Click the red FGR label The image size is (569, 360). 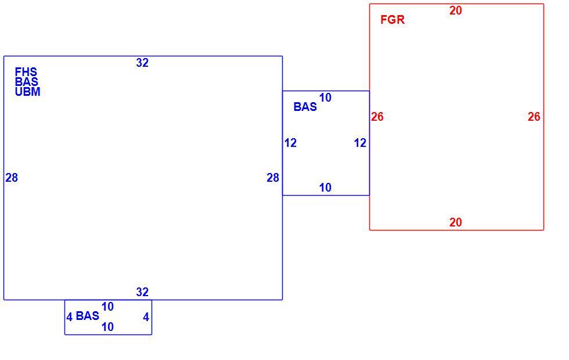[392, 20]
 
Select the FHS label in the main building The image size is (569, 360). [26, 71]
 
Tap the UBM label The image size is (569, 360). [28, 92]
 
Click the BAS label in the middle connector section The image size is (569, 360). [305, 107]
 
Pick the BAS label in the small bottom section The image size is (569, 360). [88, 316]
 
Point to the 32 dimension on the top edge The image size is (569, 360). [142, 63]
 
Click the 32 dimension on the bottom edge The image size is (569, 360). [142, 292]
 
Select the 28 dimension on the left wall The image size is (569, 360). [12, 178]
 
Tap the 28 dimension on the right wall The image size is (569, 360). [273, 178]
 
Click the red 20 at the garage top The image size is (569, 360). [456, 11]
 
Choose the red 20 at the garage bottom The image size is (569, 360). [456, 222]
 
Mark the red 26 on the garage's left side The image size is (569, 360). [377, 117]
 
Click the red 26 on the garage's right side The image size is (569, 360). [534, 117]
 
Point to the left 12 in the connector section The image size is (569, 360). [290, 143]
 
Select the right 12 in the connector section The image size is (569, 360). [360, 143]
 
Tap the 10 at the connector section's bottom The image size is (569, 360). [325, 188]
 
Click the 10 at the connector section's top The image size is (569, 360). [325, 98]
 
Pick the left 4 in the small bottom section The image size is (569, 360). [69, 318]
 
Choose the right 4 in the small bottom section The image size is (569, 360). [146, 318]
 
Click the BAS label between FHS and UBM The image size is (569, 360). [27, 82]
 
